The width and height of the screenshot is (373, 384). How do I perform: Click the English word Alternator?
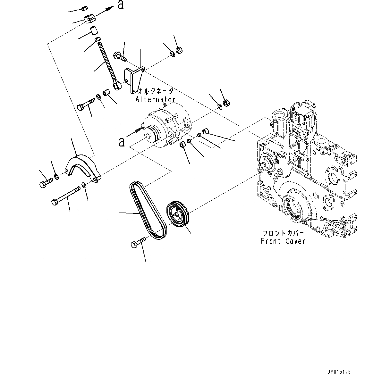coord(155,100)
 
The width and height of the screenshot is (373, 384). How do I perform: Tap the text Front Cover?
coord(283,241)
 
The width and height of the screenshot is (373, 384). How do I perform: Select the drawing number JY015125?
coord(339,372)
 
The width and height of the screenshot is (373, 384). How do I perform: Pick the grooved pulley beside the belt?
coord(178,214)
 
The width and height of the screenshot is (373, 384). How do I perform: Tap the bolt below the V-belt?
coord(137,243)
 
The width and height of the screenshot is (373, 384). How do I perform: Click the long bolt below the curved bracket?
coord(67,196)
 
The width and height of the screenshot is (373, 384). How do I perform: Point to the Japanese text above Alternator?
coord(155,91)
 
